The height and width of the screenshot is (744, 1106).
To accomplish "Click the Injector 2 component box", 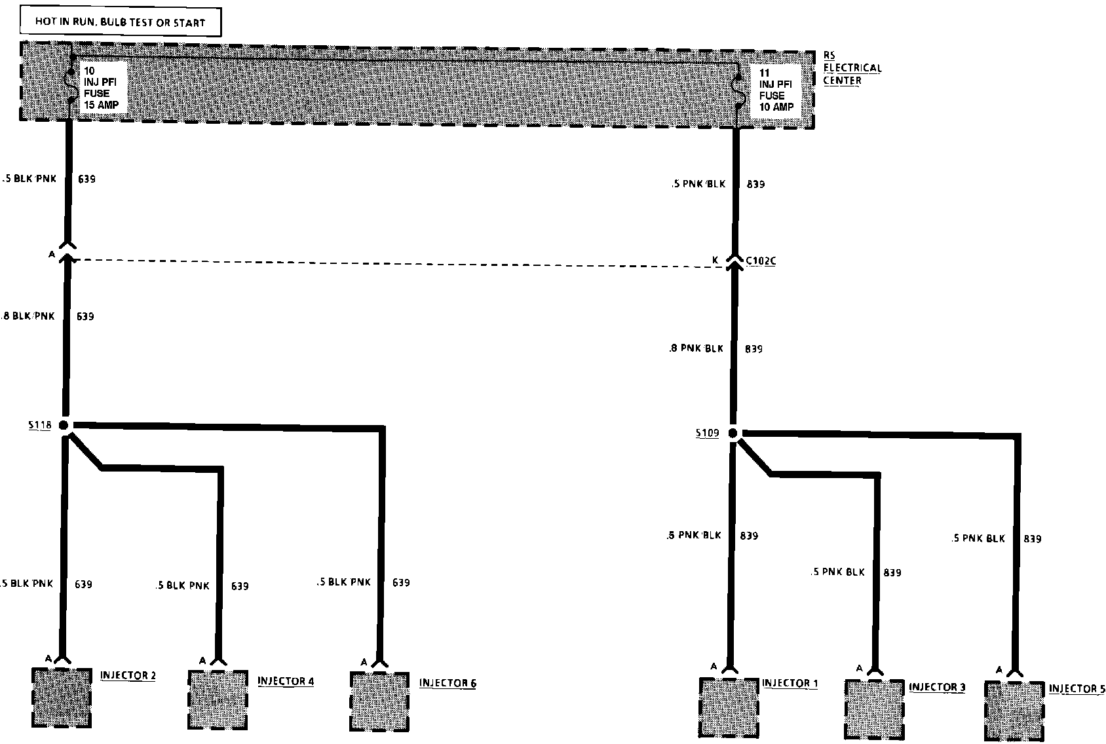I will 62,697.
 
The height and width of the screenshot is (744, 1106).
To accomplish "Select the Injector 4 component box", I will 218,699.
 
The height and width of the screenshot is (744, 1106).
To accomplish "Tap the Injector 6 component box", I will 379,701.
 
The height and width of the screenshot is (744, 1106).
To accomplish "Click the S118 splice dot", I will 64,425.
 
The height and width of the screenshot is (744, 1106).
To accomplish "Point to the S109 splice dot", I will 733,433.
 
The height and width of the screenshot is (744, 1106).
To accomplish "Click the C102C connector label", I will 760,261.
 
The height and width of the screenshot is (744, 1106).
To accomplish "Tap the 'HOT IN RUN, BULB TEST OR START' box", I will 120,22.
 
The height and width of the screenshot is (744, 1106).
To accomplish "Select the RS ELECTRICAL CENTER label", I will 852,68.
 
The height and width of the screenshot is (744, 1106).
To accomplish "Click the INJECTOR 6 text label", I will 448,683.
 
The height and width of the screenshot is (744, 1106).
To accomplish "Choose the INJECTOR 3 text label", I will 936,687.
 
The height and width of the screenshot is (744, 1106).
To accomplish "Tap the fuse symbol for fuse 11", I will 738,90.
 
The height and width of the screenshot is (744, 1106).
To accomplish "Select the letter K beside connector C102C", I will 715,261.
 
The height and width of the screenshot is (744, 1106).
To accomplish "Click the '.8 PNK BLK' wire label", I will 696,348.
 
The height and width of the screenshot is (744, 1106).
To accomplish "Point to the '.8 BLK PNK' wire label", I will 29,316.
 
